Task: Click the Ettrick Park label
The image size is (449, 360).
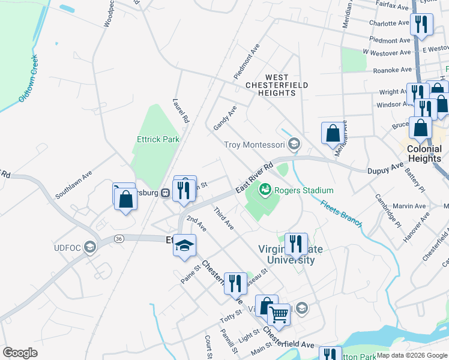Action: (x=158, y=139)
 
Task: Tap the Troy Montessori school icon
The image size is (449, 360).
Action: (x=294, y=144)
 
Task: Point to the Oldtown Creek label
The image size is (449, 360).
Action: (x=28, y=78)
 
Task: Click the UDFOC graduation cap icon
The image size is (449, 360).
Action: (x=89, y=248)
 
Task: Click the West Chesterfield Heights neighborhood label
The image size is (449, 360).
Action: (x=277, y=85)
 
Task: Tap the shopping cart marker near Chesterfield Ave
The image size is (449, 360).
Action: (x=278, y=313)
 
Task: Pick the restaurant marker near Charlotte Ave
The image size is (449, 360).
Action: (x=421, y=24)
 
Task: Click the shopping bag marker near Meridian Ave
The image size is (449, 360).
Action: (x=333, y=133)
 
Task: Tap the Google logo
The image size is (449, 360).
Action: (x=20, y=353)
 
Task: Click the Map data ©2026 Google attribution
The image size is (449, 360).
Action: (x=411, y=355)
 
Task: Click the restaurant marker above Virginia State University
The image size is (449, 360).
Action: (x=296, y=243)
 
